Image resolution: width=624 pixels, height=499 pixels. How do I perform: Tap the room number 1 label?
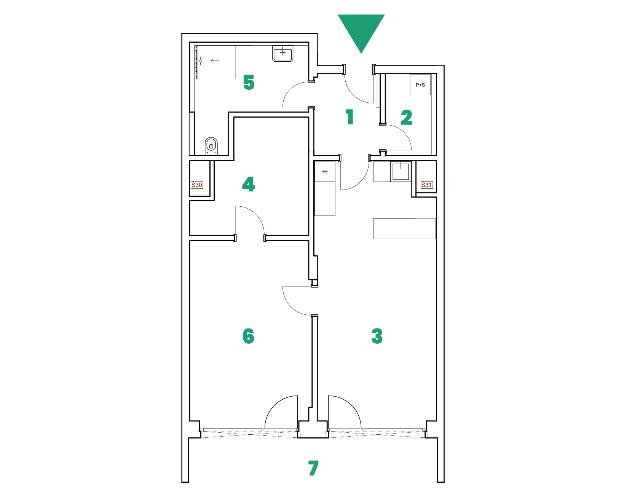350,117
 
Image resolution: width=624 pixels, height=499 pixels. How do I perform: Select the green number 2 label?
407,117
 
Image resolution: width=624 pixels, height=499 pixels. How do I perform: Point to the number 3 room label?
377,336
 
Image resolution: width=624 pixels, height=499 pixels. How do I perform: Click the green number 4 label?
249,184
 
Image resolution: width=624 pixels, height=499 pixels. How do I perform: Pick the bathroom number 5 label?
249,82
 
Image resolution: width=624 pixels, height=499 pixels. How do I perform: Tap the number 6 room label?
249,336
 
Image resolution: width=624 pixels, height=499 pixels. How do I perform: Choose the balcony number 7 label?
313,468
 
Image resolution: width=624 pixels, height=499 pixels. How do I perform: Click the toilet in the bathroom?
211,146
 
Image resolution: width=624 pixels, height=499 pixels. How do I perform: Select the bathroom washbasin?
283,54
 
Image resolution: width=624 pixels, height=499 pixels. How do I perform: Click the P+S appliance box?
420,84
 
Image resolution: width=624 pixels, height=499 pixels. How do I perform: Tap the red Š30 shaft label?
197,185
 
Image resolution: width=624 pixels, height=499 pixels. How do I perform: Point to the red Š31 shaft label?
426,185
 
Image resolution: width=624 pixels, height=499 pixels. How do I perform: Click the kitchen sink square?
401,171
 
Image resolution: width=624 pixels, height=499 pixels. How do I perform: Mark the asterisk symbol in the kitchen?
325,172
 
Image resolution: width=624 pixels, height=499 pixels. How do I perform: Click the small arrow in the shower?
215,61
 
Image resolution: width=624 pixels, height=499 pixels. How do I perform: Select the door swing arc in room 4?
254,214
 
